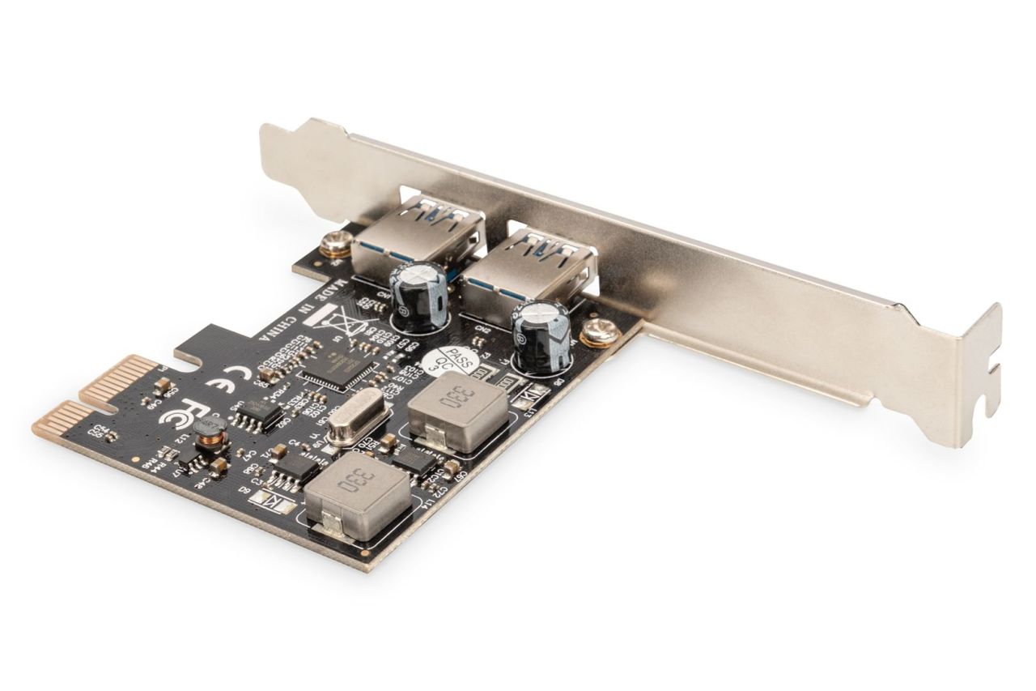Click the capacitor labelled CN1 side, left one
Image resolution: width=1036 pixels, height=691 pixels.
(418, 292)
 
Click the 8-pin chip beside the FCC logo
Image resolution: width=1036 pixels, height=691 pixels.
(252, 414)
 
